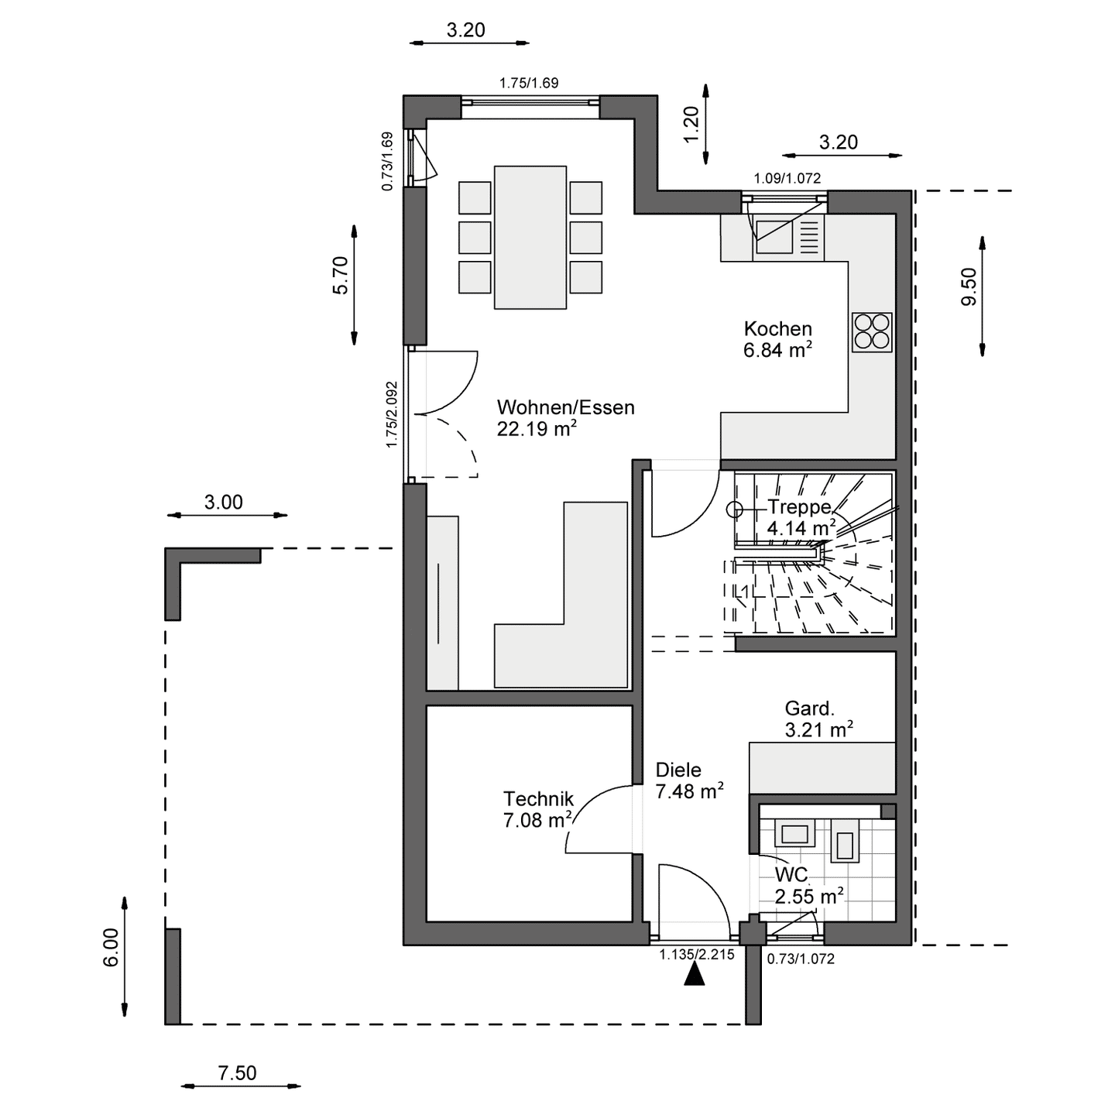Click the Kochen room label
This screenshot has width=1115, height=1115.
(x=777, y=328)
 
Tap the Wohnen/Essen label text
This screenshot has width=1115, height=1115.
(x=565, y=407)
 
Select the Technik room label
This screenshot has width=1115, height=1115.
(x=538, y=799)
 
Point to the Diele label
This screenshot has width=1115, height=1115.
(x=678, y=770)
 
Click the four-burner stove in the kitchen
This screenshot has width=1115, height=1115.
(x=872, y=333)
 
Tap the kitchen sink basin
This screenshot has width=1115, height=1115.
(x=774, y=237)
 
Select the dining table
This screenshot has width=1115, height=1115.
(x=530, y=237)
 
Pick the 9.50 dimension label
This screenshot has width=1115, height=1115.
(x=969, y=287)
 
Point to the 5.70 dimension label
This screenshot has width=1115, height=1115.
(x=341, y=276)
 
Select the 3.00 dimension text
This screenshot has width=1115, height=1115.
(x=223, y=503)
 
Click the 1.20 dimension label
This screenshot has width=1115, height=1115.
(x=691, y=124)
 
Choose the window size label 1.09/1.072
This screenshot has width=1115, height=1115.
(x=787, y=179)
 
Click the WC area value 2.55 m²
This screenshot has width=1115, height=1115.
(x=809, y=897)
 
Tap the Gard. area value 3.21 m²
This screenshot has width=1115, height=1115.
(x=818, y=730)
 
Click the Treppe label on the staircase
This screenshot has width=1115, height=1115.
(x=800, y=507)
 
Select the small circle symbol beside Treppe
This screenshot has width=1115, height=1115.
(x=734, y=509)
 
